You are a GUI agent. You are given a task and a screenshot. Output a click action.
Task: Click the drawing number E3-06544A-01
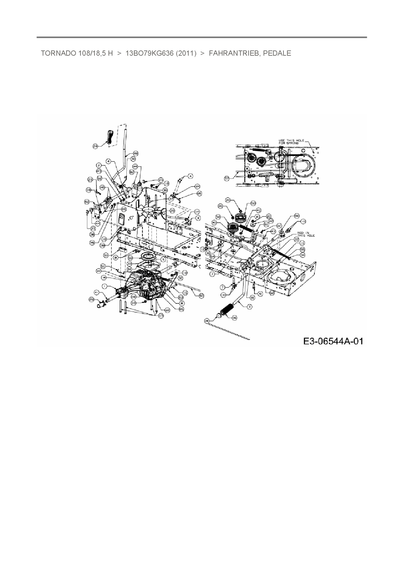[x=333, y=341]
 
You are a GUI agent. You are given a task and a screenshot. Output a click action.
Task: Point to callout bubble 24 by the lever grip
[x=95, y=146]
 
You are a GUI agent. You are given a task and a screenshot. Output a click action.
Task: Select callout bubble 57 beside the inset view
[x=227, y=178]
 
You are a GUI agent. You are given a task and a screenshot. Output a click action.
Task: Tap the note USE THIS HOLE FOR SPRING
[x=291, y=142]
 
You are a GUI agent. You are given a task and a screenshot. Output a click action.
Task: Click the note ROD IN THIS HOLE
[x=306, y=234]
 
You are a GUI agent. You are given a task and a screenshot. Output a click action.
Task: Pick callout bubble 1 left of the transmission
[x=104, y=286]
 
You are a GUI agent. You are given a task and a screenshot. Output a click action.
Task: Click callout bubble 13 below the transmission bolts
[x=160, y=316]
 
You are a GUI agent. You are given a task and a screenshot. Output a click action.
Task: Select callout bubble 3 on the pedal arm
[x=250, y=306]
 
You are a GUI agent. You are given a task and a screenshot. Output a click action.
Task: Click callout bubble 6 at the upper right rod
[x=191, y=176]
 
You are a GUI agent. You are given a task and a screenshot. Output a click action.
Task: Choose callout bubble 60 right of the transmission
[x=201, y=295]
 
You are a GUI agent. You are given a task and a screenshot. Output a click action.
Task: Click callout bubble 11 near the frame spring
[x=302, y=243]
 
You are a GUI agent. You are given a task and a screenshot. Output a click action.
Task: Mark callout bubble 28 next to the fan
[x=172, y=211]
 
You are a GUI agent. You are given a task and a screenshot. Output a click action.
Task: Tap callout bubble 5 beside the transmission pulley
[x=164, y=260]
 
